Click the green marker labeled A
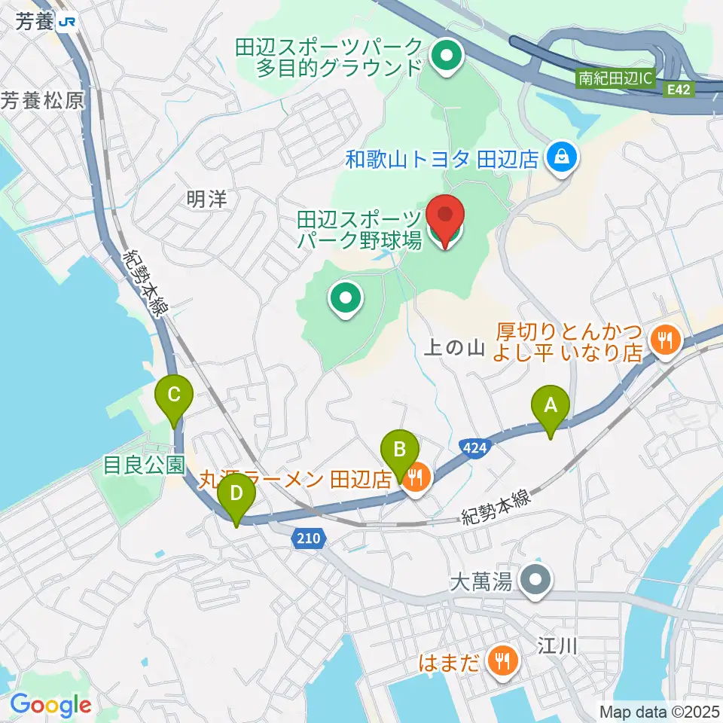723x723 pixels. [x=551, y=407]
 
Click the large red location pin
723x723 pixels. [x=445, y=218]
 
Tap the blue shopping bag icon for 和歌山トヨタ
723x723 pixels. [x=562, y=157]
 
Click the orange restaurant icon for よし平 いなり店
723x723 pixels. [x=664, y=340]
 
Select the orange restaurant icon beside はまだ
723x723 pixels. [x=499, y=662]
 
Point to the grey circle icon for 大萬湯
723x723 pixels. [x=536, y=581]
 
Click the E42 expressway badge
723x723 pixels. [x=677, y=89]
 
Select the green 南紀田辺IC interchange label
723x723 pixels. [x=616, y=78]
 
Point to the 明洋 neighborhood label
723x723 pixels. [x=206, y=200]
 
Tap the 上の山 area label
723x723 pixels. [x=453, y=348]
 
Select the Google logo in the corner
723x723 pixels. [x=50, y=705]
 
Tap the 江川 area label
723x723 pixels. [x=557, y=645]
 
